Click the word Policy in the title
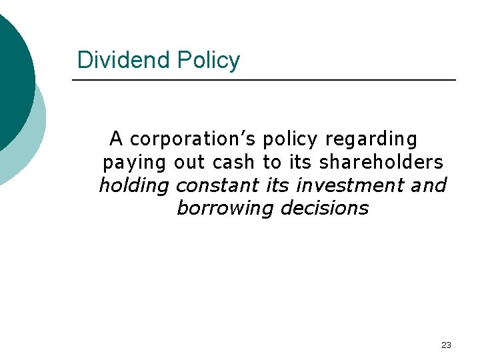point(208,60)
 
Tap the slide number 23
point(446,345)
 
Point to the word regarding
point(371,139)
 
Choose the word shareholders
point(381,162)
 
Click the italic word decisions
point(325,207)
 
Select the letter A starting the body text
point(116,139)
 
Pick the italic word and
point(429,185)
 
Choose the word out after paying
point(189,162)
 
